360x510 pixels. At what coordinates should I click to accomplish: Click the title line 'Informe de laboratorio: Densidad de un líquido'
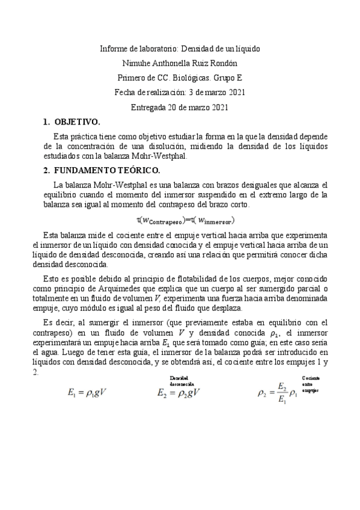pyautogui.click(x=180, y=48)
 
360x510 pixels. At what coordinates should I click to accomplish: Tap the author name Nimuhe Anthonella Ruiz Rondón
pyautogui.click(x=180, y=63)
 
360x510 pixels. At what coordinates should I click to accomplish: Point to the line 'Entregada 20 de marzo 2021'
pyautogui.click(x=180, y=107)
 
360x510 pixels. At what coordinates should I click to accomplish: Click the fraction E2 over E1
pyautogui.click(x=282, y=393)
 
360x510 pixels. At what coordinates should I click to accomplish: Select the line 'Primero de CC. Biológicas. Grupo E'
pyautogui.click(x=180, y=78)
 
